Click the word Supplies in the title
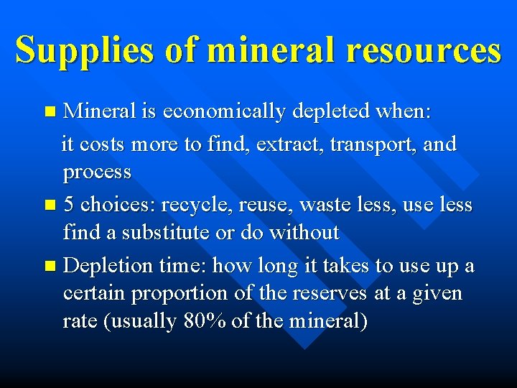83,50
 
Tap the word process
97,172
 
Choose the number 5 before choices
69,204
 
